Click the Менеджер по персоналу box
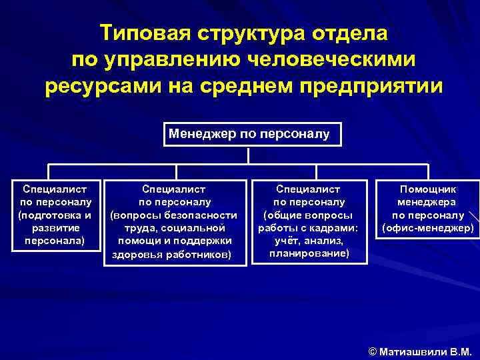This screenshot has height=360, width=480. pos(249,134)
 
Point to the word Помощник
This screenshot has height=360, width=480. pos(428,190)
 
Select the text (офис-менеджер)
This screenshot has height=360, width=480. pos(428,228)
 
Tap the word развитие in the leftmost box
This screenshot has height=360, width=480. pos(56,228)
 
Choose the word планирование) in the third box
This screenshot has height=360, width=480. pos(309,253)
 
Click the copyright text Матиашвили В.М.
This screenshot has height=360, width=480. pos(425,351)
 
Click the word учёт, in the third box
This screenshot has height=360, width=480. pos(285,241)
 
